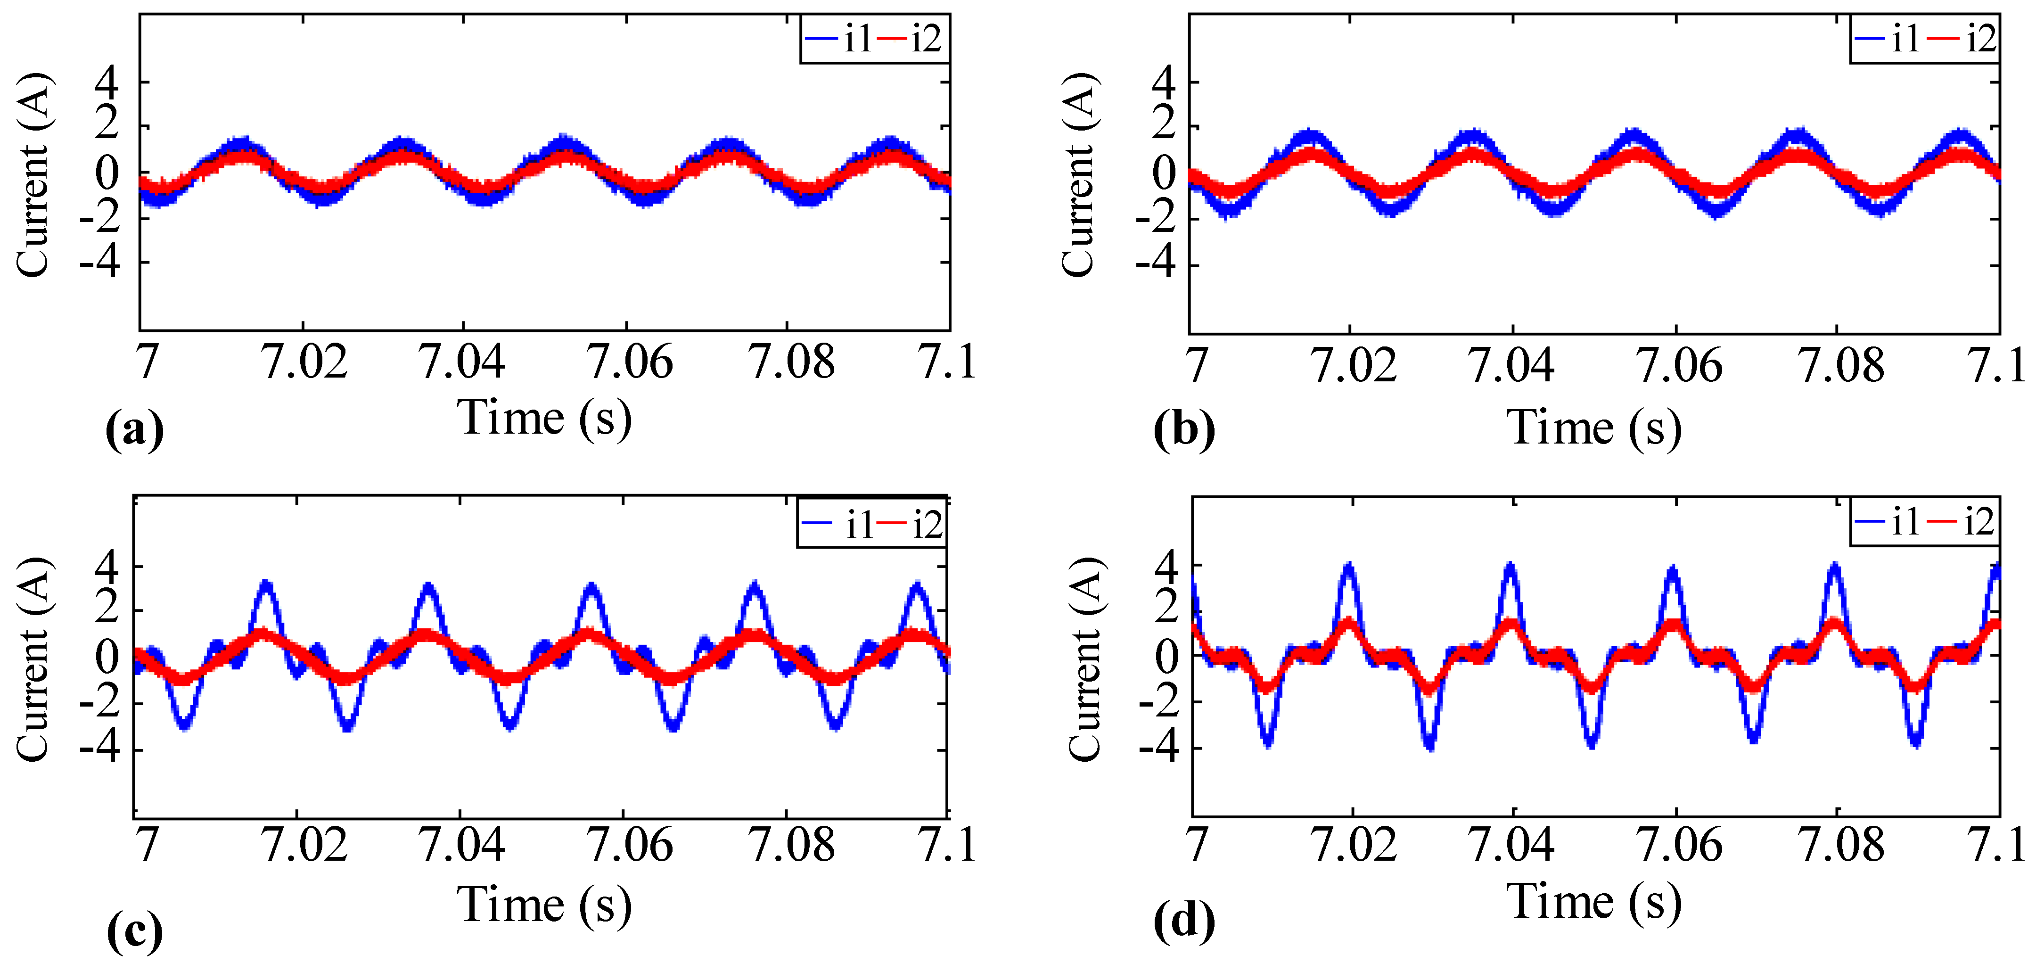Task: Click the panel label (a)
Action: (x=134, y=431)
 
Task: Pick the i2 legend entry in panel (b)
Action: (x=1963, y=39)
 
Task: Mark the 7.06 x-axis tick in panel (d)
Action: (x=1677, y=844)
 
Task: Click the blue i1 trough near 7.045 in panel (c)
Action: (x=510, y=724)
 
